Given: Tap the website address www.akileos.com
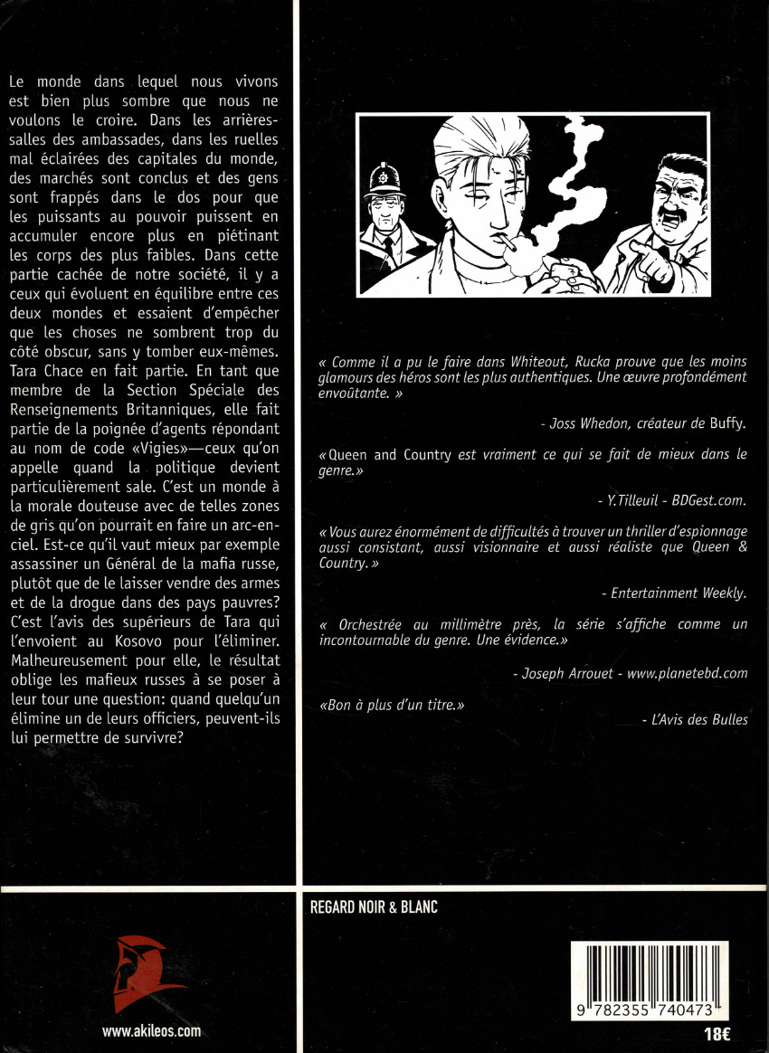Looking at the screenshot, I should pyautogui.click(x=151, y=1030).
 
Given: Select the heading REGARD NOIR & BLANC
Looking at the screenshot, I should pyautogui.click(x=374, y=907).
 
